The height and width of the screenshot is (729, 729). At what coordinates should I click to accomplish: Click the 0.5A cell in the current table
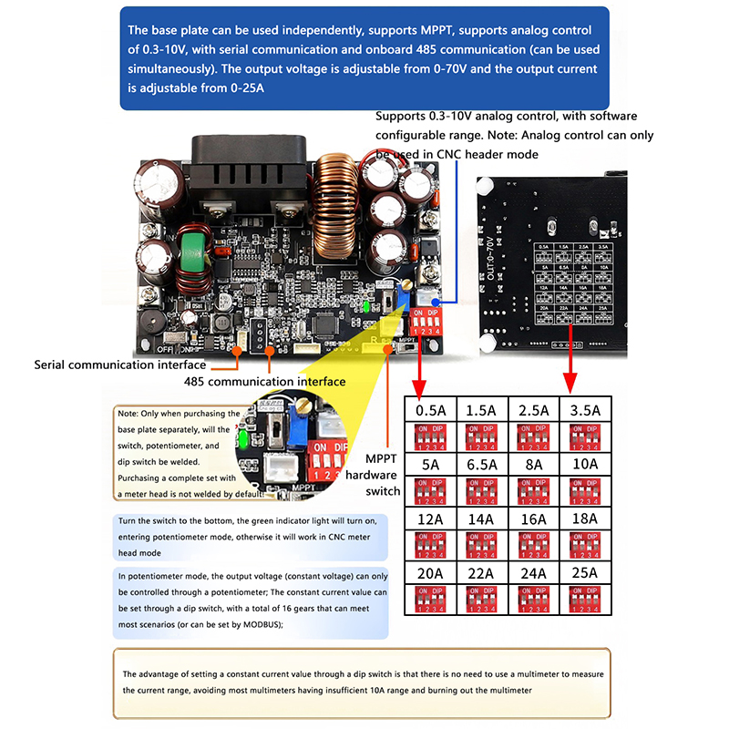tap(431, 410)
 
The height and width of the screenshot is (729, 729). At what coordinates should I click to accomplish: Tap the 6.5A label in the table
tap(481, 465)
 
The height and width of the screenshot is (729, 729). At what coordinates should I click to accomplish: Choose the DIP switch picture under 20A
tap(431, 601)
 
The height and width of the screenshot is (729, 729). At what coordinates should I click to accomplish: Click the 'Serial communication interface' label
tap(119, 364)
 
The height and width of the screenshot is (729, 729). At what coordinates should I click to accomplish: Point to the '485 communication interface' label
tap(264, 381)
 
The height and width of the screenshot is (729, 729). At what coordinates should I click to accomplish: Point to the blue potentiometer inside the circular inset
tap(296, 422)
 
